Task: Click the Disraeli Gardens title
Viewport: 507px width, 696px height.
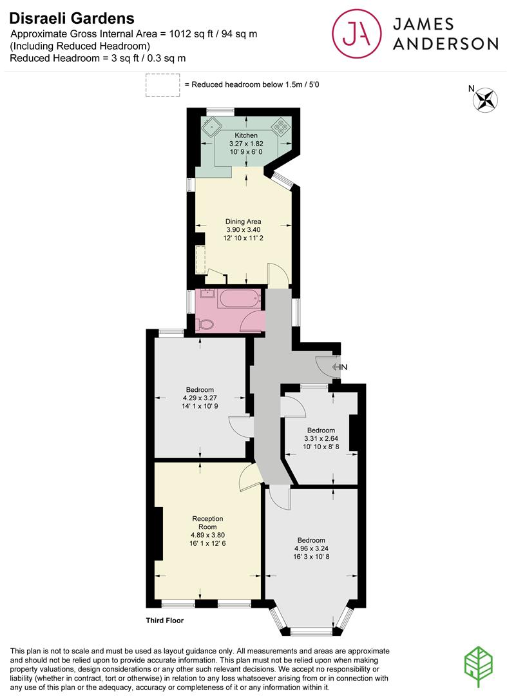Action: click(72, 19)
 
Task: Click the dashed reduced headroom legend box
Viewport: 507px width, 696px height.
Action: click(162, 85)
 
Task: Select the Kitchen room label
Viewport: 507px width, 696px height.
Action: click(246, 135)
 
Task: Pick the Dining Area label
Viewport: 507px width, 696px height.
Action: click(243, 222)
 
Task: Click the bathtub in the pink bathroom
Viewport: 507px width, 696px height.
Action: click(240, 299)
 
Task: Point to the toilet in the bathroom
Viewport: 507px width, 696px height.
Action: click(206, 325)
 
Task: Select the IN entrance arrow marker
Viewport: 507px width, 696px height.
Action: click(339, 367)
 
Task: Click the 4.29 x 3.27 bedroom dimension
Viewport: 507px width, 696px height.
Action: click(200, 398)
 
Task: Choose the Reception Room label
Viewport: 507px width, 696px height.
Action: click(207, 523)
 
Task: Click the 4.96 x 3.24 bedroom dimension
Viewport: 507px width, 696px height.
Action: click(311, 549)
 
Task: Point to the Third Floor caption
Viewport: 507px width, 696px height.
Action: click(164, 621)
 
